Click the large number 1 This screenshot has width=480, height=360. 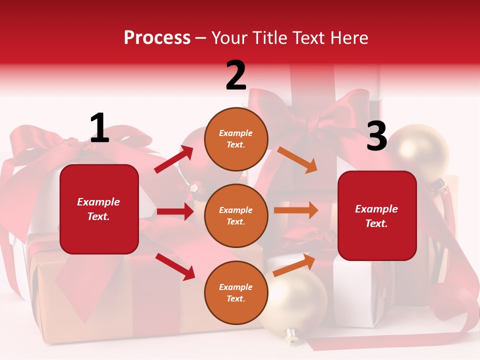tap(99, 128)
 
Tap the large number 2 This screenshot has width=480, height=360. tap(236, 75)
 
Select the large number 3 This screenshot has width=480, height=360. tap(376, 136)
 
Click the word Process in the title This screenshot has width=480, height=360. tap(157, 37)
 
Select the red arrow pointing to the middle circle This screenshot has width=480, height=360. tap(175, 211)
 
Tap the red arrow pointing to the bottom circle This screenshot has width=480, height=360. tap(175, 266)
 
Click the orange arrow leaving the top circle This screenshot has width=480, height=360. tap(297, 159)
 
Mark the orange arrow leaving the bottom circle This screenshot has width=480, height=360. tap(294, 264)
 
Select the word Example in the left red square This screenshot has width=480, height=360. tap(98, 202)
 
